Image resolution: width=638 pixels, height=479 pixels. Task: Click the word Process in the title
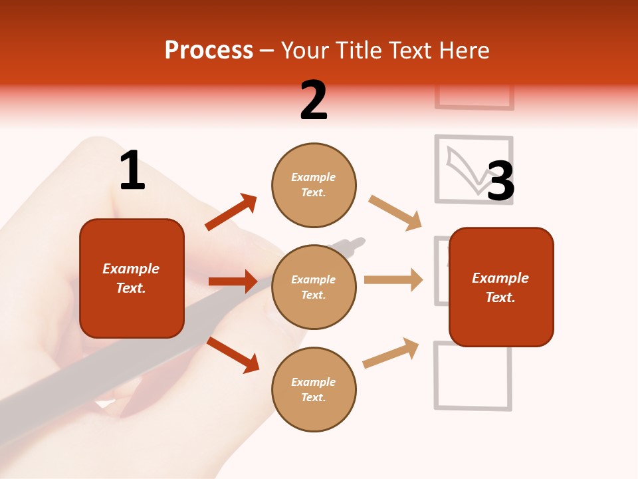click(x=209, y=51)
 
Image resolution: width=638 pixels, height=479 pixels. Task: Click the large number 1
click(x=132, y=170)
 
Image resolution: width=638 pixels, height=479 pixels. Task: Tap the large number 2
click(x=314, y=100)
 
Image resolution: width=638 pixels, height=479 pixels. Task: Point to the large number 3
click(x=501, y=182)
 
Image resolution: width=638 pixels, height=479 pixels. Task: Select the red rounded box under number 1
click(x=132, y=278)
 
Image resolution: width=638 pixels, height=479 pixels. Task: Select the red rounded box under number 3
click(x=501, y=287)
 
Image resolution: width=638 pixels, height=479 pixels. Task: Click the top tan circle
click(x=314, y=185)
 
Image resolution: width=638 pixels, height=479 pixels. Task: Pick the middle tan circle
click(x=314, y=287)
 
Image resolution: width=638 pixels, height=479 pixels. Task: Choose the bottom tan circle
click(x=314, y=390)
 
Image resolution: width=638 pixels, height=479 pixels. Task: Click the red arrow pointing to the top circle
click(x=231, y=212)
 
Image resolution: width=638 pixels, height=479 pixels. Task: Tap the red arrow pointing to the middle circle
click(x=233, y=281)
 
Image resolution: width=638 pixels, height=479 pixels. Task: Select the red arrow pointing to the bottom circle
click(x=233, y=355)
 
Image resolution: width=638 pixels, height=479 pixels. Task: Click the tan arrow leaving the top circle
click(x=395, y=213)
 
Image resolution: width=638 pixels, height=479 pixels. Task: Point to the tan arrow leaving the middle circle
click(x=393, y=279)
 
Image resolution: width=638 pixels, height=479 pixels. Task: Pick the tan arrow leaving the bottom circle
click(x=391, y=353)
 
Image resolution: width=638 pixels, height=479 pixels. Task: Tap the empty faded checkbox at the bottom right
click(x=473, y=375)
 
